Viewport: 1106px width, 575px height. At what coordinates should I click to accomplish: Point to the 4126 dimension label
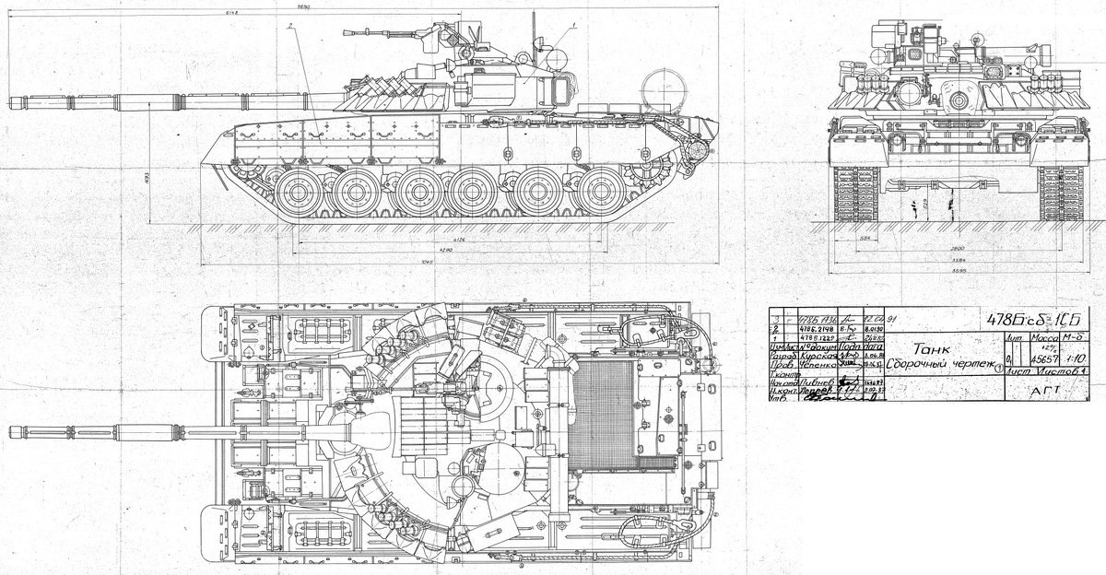coord(451,241)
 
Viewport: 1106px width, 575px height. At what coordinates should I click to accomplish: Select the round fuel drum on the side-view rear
coord(663,89)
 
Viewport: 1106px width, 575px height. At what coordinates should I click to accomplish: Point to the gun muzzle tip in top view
coord(9,430)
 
